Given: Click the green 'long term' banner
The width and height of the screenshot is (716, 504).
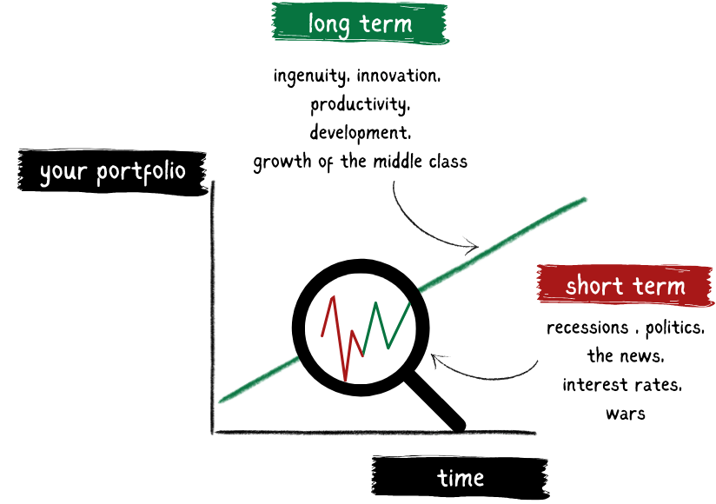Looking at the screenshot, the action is click(x=360, y=23).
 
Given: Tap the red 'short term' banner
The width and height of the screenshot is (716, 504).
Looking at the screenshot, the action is click(x=625, y=285).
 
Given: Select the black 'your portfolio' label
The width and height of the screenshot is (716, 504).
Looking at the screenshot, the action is click(x=112, y=172).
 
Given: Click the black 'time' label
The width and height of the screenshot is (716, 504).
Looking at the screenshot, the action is click(x=461, y=478).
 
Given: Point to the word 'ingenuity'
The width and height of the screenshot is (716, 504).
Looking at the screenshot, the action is click(x=309, y=76).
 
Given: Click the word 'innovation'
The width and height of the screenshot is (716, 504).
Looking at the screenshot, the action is click(x=398, y=76).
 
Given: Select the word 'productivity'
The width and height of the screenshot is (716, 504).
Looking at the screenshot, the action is click(x=360, y=104).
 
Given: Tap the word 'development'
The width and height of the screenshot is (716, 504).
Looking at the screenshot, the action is click(x=360, y=133).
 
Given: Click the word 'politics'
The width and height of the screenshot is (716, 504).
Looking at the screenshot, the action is click(x=675, y=328).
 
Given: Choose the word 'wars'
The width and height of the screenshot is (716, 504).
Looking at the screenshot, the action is click(x=626, y=414).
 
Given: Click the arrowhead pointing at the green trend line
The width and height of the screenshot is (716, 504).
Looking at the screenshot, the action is click(x=472, y=246).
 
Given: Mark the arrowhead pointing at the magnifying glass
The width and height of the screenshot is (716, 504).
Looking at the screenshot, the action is click(x=437, y=361).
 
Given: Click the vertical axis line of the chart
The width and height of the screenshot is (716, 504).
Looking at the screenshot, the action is click(x=212, y=307).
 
